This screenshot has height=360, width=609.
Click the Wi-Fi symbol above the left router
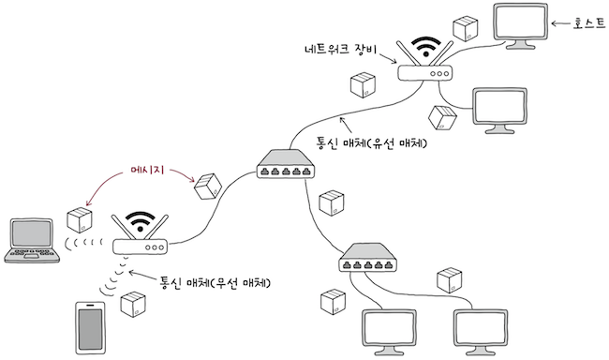click(x=141, y=223)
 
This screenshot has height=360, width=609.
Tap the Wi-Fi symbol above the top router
click(x=426, y=46)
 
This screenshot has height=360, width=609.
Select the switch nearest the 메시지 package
click(x=286, y=167)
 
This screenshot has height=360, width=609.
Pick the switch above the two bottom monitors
click(x=367, y=258)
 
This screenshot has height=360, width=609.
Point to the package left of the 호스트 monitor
click(x=464, y=28)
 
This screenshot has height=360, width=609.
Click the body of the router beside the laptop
click(x=141, y=247)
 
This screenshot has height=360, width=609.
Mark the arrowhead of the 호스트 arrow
click(x=557, y=24)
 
